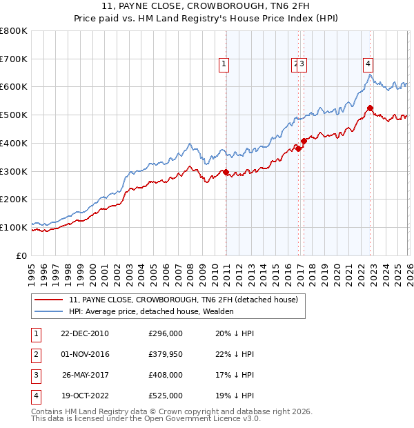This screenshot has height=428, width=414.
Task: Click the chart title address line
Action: tap(207, 7)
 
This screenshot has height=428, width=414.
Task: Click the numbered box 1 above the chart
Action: tap(224, 64)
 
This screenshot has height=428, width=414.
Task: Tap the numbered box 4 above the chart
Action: tap(368, 64)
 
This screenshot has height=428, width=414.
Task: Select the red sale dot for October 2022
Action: tap(371, 108)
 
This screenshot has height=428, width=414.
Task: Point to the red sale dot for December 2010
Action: tap(226, 173)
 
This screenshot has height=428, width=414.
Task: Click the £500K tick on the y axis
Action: tap(15, 115)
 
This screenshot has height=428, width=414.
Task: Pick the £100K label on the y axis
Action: tap(15, 227)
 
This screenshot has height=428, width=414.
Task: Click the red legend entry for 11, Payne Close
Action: tap(183, 300)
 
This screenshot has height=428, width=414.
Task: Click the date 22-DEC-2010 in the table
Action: tap(85, 333)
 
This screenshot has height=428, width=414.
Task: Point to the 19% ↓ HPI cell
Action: tap(235, 396)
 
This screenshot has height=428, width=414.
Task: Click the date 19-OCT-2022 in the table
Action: tap(85, 396)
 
